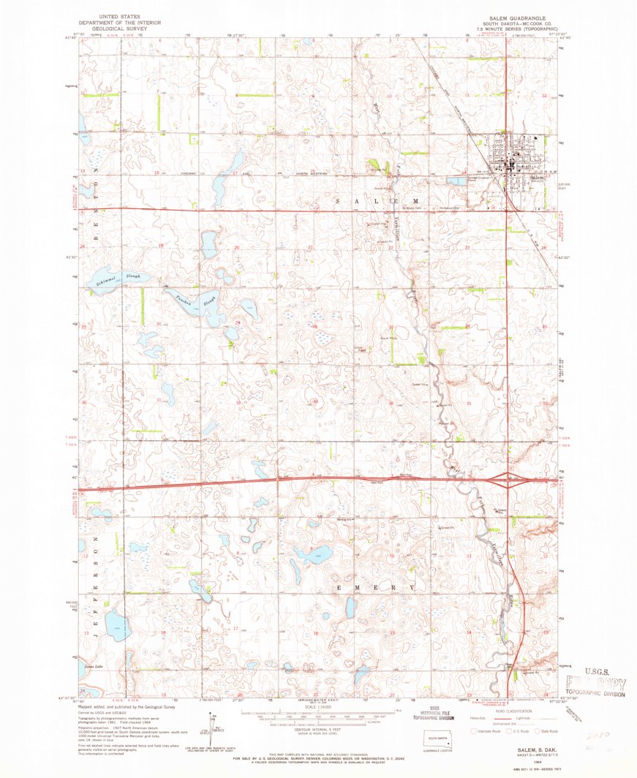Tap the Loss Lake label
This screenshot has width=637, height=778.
pos(94,668)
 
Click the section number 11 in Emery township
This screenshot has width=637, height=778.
pos(468,557)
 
